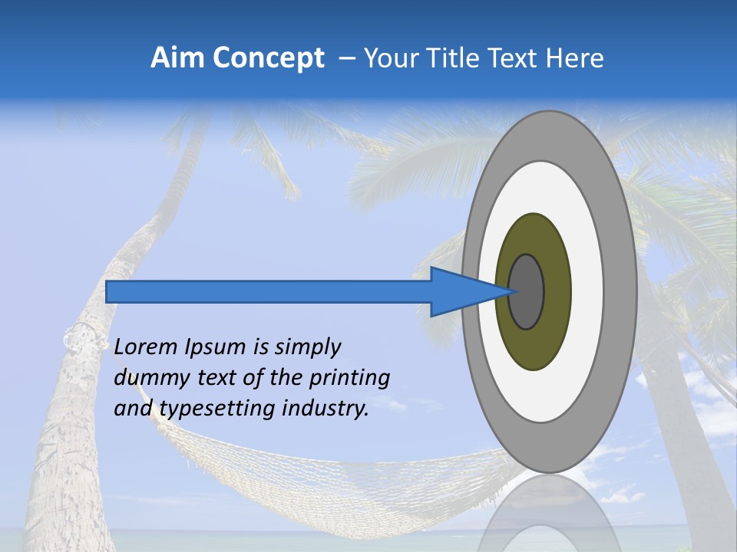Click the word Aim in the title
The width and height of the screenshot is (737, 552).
click(x=178, y=58)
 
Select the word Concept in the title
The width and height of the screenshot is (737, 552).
click(x=269, y=58)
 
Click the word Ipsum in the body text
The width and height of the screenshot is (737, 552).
click(x=216, y=347)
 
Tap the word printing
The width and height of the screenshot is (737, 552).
click(x=349, y=378)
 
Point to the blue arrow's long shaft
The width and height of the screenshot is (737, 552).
click(x=269, y=292)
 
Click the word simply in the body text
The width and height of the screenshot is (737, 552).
click(x=307, y=347)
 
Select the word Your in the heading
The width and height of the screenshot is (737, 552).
click(x=388, y=58)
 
